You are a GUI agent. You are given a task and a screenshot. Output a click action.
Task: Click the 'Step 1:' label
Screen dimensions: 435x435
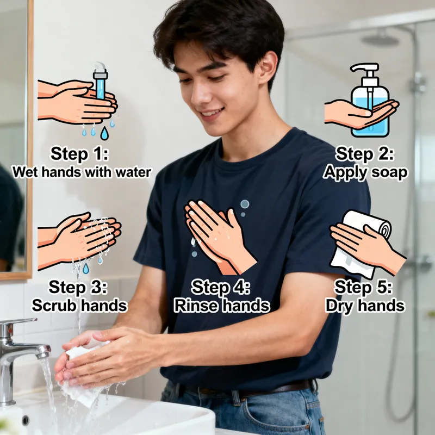[79, 154]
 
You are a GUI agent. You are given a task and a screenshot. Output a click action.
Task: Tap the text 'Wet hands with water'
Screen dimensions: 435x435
[82, 172]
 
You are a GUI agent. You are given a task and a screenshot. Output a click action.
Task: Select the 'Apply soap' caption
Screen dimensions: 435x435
[365, 172]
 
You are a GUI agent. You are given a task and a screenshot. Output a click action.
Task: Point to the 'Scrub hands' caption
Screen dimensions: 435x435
[79, 305]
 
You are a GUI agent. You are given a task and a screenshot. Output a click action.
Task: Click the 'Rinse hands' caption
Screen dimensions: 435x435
[221, 305]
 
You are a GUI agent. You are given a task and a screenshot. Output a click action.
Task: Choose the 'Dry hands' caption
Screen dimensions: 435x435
[365, 305]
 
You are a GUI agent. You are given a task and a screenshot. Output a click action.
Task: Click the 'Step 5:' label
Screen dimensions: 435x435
[364, 287]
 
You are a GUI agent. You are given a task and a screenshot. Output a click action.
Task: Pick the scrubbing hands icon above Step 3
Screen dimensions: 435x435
[82, 237]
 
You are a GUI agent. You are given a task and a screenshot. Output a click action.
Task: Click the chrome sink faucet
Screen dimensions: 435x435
[22, 348]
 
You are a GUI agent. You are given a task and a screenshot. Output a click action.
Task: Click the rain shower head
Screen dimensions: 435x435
[380, 39]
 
